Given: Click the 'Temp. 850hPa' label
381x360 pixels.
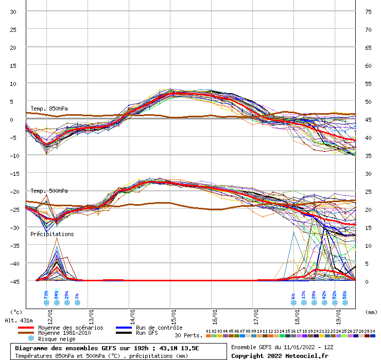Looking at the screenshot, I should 49,109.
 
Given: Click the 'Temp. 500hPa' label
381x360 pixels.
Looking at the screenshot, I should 49,191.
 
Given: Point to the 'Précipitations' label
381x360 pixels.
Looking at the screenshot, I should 52,234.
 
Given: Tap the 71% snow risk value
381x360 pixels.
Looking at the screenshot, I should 46,295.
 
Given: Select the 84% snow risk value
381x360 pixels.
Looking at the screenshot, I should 57,295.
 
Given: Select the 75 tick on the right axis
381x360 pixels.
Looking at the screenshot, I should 368,11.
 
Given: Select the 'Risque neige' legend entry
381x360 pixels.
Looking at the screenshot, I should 57,339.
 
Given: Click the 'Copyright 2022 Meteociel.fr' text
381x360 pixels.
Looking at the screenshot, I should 280,355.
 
